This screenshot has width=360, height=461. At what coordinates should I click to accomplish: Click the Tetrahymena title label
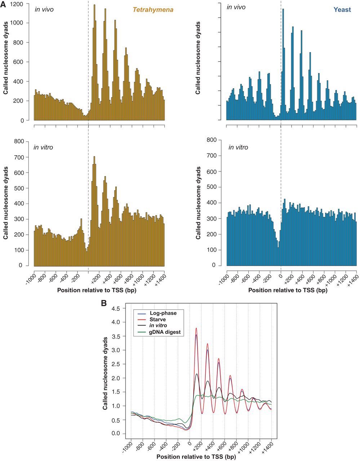[x=153, y=10]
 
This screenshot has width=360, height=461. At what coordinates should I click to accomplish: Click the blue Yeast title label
[x=342, y=10]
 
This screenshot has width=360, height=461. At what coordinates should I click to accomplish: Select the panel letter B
[x=103, y=303]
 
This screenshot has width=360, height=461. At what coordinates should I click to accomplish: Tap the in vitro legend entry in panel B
[x=158, y=326]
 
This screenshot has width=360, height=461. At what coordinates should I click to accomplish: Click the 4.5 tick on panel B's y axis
[x=116, y=309]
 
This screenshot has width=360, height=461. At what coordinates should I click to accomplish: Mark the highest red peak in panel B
[x=196, y=328]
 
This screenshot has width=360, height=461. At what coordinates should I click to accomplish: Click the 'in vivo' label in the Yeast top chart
[x=236, y=7]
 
